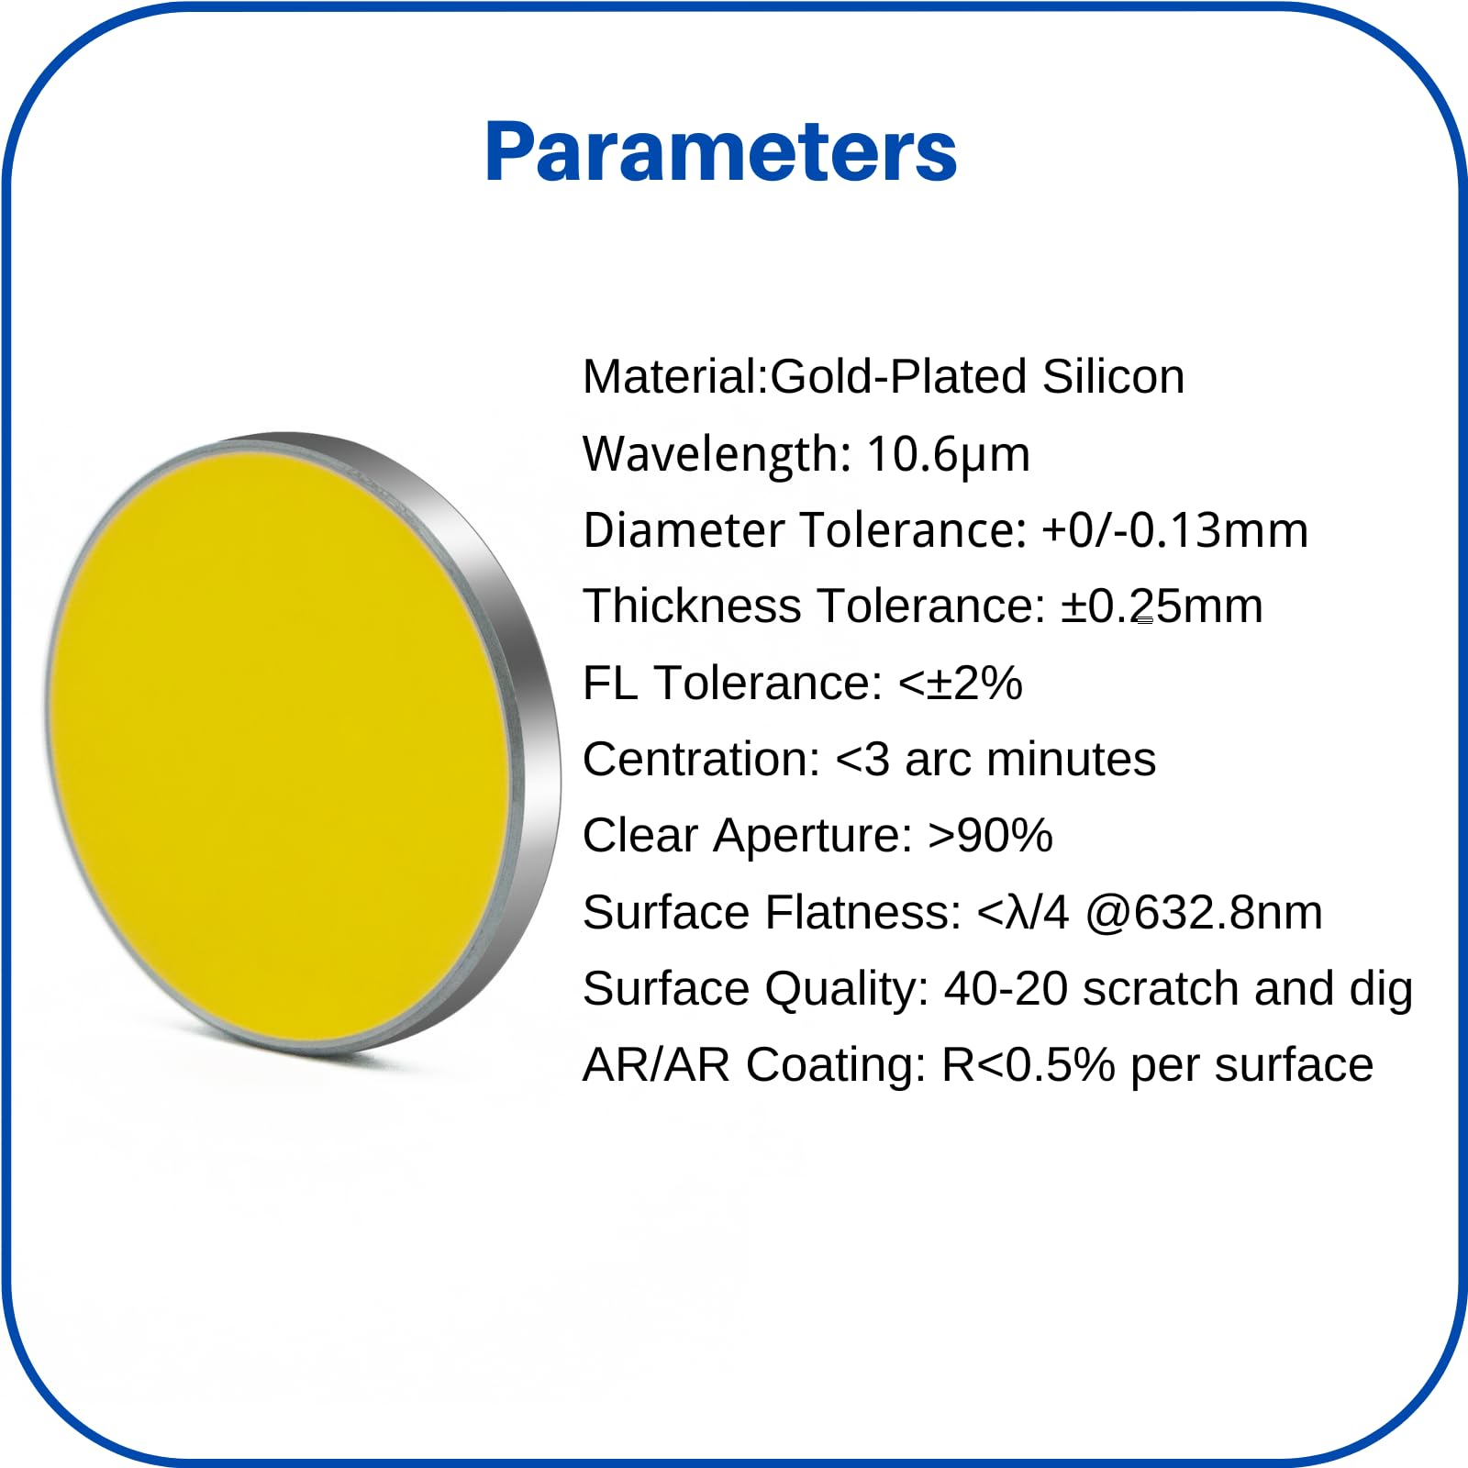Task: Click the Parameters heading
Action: point(721,151)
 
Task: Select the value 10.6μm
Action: point(948,454)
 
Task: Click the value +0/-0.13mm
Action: point(1175,530)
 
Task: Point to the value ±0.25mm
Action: point(1162,606)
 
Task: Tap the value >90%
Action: point(990,836)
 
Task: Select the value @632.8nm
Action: point(1204,913)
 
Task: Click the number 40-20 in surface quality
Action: point(1006,989)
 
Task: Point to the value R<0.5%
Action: point(1029,1065)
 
